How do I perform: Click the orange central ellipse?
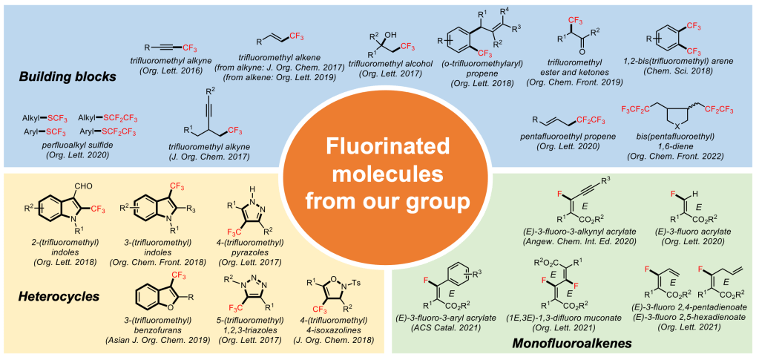tap(379, 181)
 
